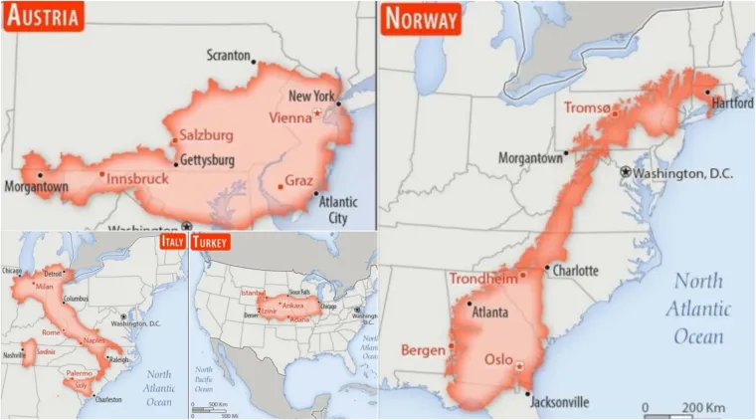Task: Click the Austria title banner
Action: coord(43,16)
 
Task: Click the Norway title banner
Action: coord(421,18)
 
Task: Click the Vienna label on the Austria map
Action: coord(290,117)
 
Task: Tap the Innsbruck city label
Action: coord(137,179)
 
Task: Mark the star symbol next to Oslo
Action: coord(519,366)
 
